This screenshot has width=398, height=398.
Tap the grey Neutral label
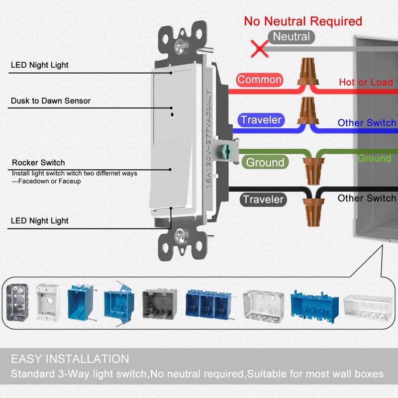pyautogui.click(x=291, y=37)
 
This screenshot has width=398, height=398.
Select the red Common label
pyautogui.click(x=259, y=80)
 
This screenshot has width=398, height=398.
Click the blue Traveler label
pyautogui.click(x=262, y=120)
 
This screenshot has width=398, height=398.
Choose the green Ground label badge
pyautogui.click(x=265, y=162)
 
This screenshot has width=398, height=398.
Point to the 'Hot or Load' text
pyautogui.click(x=366, y=83)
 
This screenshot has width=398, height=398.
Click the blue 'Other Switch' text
pyautogui.click(x=367, y=123)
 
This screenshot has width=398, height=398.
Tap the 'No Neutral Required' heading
pyautogui.click(x=303, y=21)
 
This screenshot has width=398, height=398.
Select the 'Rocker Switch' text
pyautogui.click(x=38, y=163)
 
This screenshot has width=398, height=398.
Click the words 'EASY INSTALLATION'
pyautogui.click(x=70, y=359)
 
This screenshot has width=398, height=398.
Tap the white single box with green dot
pyautogui.click(x=48, y=302)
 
